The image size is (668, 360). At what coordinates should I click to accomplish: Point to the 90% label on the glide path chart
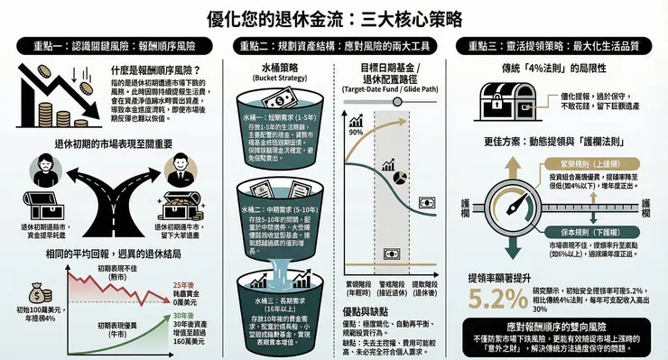pyautogui.click(x=355, y=132)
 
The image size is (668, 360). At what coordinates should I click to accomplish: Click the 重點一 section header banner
pyautogui.click(x=111, y=44)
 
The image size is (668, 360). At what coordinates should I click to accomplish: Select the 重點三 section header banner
pyautogui.click(x=557, y=44)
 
